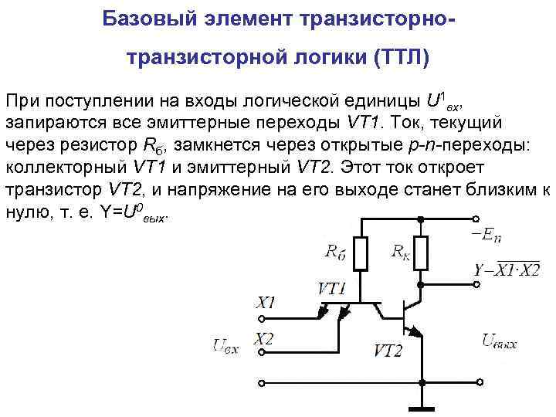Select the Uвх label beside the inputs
pyautogui.click(x=226, y=345)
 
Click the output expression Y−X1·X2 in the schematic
pyautogui.click(x=507, y=269)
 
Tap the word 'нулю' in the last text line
pyautogui.click(x=25, y=212)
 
